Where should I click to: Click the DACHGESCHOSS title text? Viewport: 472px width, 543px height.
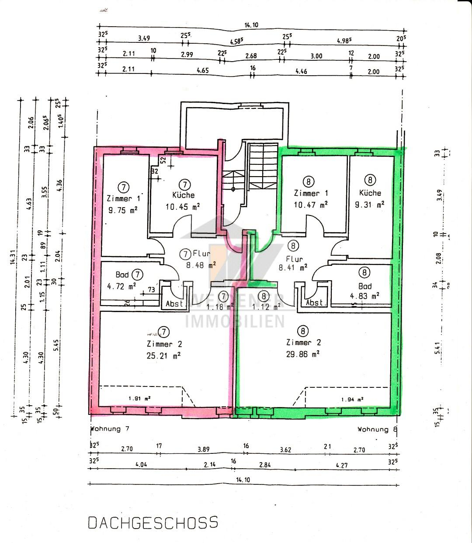point(153,522)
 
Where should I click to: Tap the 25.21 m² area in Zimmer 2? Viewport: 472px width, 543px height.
point(164,355)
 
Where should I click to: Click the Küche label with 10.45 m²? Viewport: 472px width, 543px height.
point(183,195)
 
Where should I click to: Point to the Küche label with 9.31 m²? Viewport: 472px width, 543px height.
point(370,193)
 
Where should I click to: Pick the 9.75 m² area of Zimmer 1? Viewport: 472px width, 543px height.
point(123,210)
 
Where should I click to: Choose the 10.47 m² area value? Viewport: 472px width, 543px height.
point(311,204)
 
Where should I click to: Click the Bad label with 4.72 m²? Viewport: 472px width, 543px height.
point(122,275)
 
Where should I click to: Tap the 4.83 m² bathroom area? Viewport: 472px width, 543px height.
point(364,296)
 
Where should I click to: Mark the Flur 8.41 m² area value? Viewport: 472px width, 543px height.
point(292,267)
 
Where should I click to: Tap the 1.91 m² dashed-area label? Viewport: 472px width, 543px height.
point(139,399)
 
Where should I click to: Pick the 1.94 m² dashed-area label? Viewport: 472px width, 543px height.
point(353,399)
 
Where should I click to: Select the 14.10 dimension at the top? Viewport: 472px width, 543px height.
point(251,25)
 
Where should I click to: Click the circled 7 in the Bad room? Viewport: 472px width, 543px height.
point(137,275)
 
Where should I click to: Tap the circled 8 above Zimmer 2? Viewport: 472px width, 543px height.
point(302,331)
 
